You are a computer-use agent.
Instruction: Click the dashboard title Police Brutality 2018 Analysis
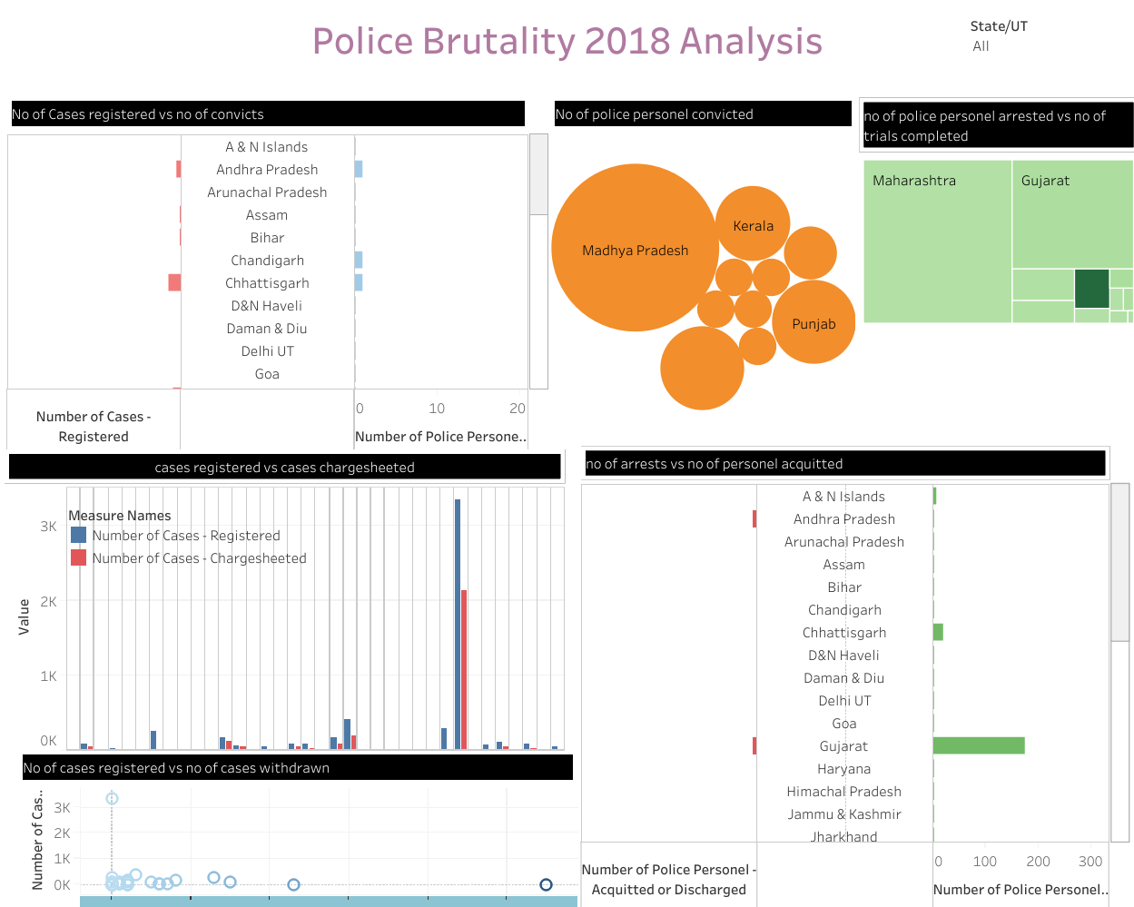tap(567, 42)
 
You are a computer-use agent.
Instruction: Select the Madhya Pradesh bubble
tap(635, 248)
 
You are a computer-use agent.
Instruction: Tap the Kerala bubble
tap(753, 224)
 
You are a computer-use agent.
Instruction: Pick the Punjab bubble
tap(814, 322)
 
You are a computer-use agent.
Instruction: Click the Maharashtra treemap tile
tap(937, 242)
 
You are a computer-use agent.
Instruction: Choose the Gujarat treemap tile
tap(1072, 214)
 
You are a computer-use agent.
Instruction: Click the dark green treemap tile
tap(1091, 289)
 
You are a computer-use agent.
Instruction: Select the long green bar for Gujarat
tap(979, 745)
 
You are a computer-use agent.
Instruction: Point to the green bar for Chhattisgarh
tap(938, 632)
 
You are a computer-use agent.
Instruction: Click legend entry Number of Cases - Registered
tap(185, 536)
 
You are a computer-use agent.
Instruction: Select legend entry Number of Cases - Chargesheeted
tap(198, 558)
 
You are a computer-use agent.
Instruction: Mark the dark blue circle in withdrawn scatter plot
tap(546, 884)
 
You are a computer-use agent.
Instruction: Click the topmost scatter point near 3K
tap(112, 798)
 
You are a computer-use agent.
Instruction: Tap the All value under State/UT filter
tap(981, 46)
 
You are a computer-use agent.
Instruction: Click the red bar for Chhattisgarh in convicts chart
tap(174, 283)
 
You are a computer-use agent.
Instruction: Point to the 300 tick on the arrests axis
tap(1090, 862)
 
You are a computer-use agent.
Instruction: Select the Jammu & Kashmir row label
tap(843, 814)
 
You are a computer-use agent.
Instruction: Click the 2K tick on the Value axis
tap(48, 601)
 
